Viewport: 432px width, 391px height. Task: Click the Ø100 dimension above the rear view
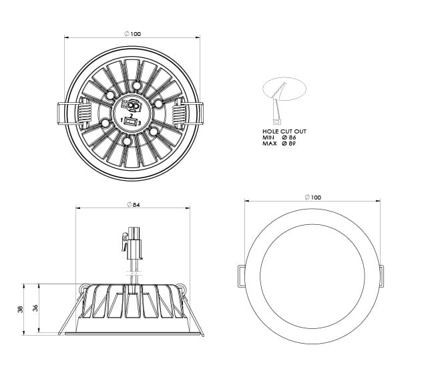(132, 34)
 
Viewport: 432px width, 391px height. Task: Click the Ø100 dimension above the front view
(313, 197)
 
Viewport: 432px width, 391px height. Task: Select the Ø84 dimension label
(134, 205)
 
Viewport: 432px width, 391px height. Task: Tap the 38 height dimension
(21, 309)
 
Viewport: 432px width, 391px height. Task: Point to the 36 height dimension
(35, 308)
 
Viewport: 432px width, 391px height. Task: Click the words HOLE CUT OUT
(284, 131)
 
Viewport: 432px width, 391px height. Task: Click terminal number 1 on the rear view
(122, 120)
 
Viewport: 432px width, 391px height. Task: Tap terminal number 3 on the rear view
(140, 123)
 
